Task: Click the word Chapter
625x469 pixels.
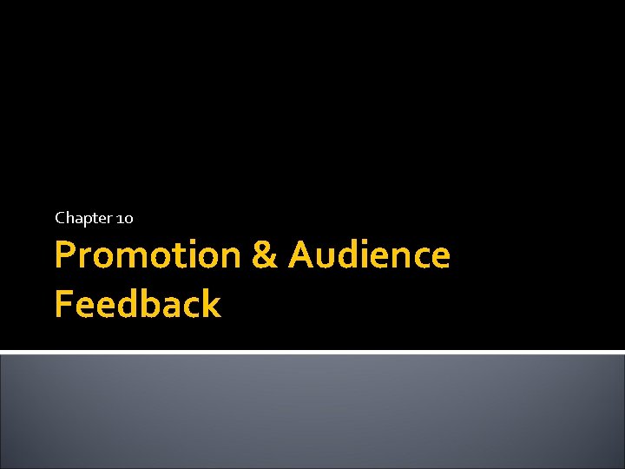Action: point(82,218)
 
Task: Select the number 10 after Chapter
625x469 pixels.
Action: point(124,218)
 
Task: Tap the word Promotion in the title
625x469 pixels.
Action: point(147,256)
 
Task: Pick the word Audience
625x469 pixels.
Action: point(369,256)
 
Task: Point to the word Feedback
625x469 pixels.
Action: point(137,305)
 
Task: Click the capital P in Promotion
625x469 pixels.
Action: point(65,256)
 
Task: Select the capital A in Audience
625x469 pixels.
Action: point(302,256)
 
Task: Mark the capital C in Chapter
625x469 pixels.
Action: point(60,218)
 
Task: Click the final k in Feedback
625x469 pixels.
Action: point(211,305)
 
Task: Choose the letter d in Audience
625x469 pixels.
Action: point(354,256)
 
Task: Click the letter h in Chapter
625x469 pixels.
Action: point(69,218)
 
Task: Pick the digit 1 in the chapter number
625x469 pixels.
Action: point(119,218)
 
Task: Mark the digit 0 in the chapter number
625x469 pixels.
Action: point(128,219)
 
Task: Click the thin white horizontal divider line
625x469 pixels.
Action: point(312,352)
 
